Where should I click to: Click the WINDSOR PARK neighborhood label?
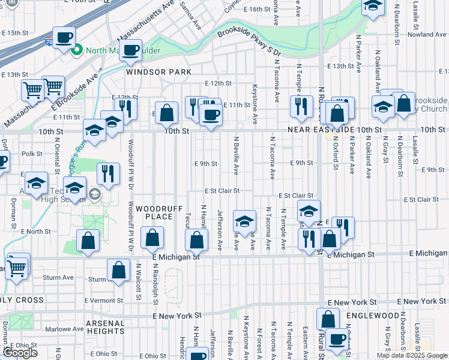coord(158,72)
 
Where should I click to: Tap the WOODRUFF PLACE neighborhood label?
coord(155,212)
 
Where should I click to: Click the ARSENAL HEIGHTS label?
coord(105,327)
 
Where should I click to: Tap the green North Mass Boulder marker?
coord(76,50)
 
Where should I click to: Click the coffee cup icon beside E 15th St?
coord(64,37)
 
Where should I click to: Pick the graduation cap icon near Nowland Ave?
coord(372,6)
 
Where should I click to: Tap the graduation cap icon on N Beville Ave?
coord(244,221)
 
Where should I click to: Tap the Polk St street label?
coord(31,154)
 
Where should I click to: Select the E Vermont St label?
coord(104,301)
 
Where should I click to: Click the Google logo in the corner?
coord(20,353)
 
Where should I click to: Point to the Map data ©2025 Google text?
coord(412,355)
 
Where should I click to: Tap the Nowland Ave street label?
coord(426,35)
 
